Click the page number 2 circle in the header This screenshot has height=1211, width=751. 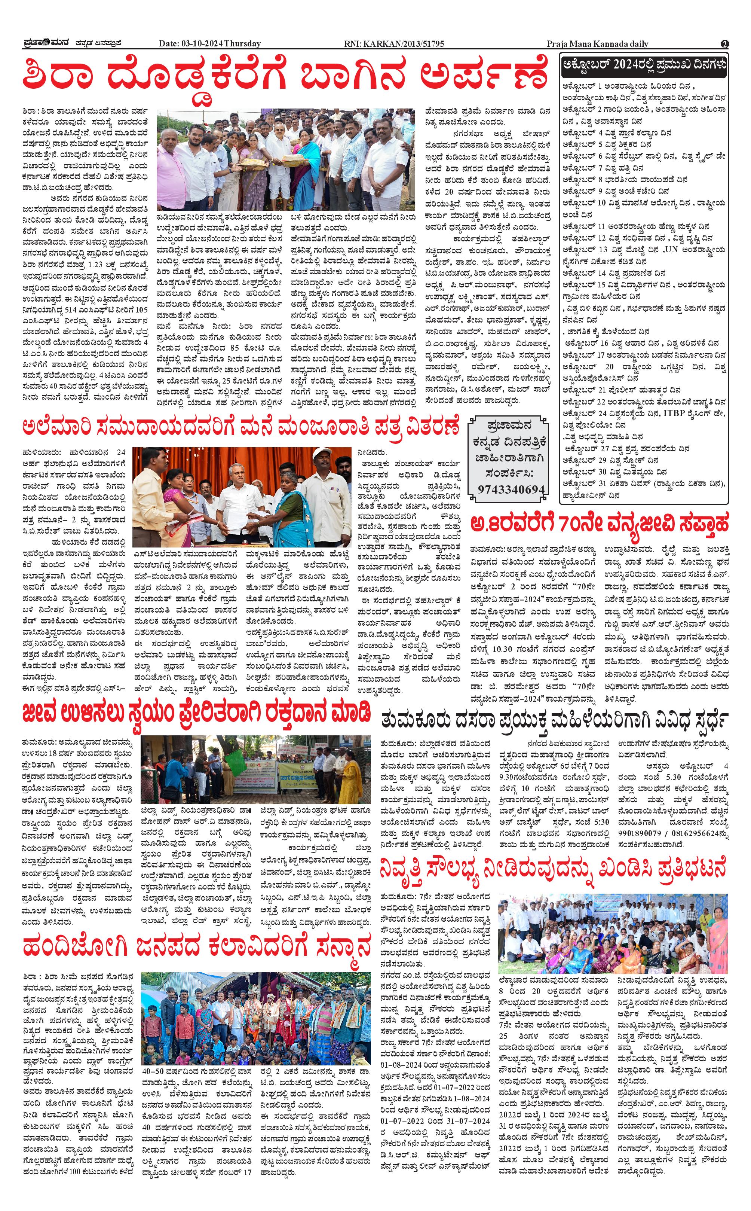pos(725,44)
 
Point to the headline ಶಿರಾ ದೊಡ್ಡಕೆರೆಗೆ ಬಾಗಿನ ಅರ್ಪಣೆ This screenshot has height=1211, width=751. pos(286,76)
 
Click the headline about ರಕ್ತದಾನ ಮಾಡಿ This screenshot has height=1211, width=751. pos(196,713)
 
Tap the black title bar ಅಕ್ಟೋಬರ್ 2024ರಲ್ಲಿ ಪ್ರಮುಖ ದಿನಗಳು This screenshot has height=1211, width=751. pos(644,65)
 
